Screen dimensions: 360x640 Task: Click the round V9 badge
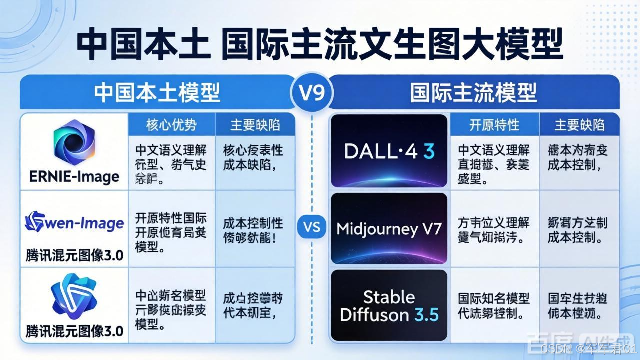311,93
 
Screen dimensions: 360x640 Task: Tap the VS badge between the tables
311,228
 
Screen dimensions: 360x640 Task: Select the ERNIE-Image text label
74,176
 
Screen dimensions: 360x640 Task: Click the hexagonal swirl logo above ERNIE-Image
74,143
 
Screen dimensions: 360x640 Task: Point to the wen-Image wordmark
74,222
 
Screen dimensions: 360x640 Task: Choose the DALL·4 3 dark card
389,151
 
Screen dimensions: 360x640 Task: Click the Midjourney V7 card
389,229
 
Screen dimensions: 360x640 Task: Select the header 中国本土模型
158,93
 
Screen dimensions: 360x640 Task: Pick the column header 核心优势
171,125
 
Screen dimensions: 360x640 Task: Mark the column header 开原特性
494,125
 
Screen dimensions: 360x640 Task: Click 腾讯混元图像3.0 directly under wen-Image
74,256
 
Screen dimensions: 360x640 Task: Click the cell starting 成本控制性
253,228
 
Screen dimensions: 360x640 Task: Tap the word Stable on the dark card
389,297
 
